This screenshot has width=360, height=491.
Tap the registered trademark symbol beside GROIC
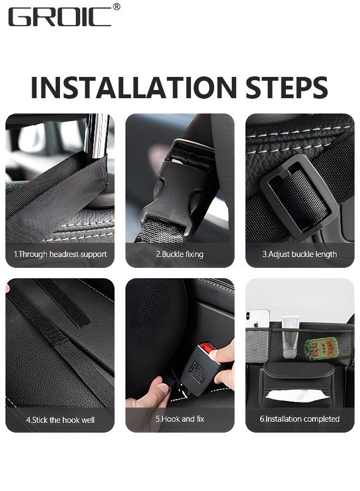[x=116, y=7]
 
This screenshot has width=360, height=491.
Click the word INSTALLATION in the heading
[x=128, y=87]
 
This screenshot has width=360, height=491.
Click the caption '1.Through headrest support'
[x=60, y=254]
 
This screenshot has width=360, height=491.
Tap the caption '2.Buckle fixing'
[x=179, y=254]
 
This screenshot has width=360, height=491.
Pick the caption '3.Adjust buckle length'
[x=299, y=254]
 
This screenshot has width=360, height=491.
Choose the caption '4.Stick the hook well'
[x=60, y=420]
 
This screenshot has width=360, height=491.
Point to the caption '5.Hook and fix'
[x=179, y=419]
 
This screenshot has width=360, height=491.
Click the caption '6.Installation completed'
[x=299, y=419]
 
